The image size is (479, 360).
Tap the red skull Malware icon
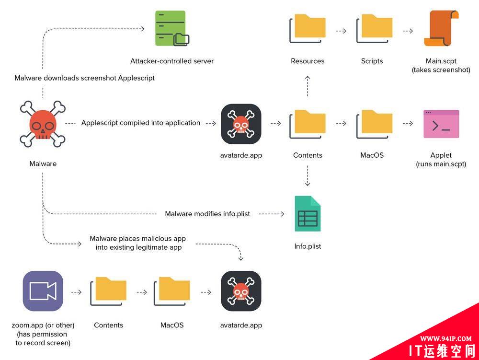43,123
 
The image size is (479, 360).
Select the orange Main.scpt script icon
441,29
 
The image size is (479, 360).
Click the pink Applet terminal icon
441,124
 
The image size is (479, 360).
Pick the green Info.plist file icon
308,214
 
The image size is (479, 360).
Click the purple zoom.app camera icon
43,291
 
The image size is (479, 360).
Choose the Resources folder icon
308,28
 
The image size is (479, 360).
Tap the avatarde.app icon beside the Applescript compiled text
241,124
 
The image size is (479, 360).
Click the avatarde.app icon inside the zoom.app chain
241,291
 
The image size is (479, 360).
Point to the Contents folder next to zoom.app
109,291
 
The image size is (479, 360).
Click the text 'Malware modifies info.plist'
207,214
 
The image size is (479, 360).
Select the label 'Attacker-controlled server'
172,61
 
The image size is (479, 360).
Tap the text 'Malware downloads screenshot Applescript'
84,78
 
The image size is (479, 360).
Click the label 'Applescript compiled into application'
141,123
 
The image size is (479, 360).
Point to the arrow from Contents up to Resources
308,85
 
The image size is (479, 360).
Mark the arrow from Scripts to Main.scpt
408,31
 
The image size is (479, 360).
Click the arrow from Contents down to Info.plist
308,176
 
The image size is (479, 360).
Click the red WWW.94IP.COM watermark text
445,338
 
